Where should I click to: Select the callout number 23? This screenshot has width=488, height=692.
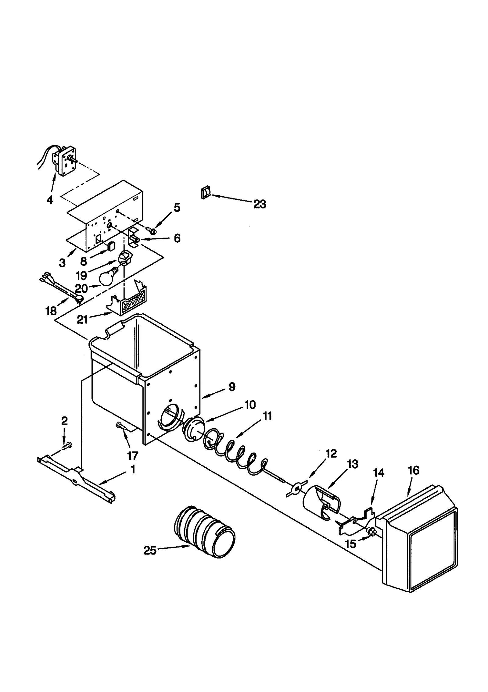[260, 204]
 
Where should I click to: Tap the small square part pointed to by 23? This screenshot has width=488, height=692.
[204, 193]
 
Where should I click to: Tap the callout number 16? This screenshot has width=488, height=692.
[413, 470]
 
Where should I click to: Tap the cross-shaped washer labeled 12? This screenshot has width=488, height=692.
[295, 487]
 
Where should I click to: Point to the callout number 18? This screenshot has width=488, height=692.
[51, 311]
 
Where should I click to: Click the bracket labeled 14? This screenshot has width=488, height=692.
[355, 521]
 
